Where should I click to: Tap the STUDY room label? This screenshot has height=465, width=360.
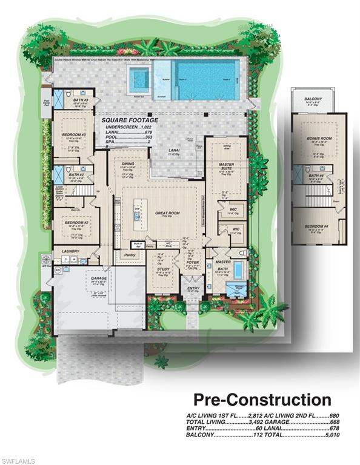pyautogui.click(x=164, y=270)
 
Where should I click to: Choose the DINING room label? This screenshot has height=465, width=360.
pyautogui.click(x=128, y=163)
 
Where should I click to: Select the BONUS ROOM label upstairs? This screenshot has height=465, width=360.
pyautogui.click(x=317, y=139)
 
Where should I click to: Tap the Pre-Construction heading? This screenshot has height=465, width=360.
pyautogui.click(x=262, y=400)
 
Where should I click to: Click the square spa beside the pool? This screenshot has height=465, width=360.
pyautogui.click(x=139, y=77)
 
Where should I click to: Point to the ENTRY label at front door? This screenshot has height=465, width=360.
pyautogui.click(x=193, y=288)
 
